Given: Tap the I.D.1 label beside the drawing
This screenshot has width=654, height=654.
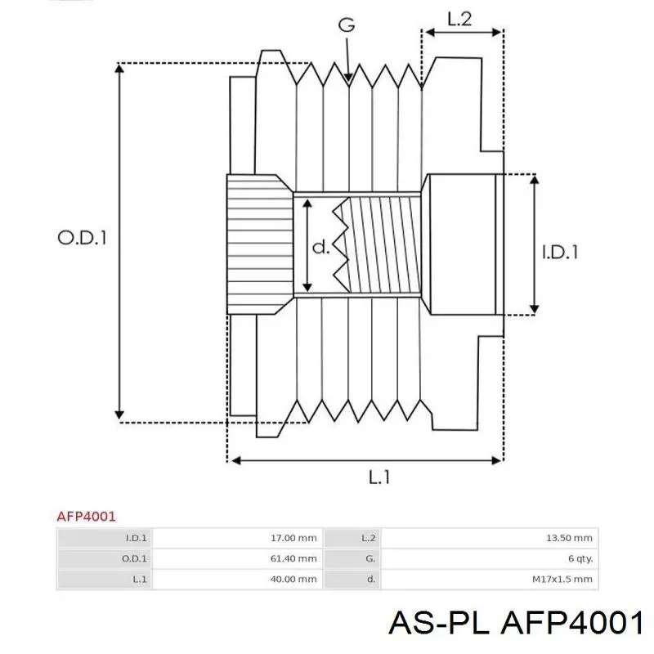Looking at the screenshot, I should (x=560, y=252).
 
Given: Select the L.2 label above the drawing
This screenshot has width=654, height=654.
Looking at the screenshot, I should (x=460, y=19).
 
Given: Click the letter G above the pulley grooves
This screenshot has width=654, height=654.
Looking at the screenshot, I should (x=347, y=25).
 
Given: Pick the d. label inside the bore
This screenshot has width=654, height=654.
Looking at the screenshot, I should (x=321, y=247).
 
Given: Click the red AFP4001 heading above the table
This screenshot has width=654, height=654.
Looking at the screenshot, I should (x=86, y=516).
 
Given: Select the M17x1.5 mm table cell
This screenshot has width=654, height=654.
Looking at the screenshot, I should (x=563, y=579).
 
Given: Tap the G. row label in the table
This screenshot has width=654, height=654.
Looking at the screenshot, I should (x=370, y=558).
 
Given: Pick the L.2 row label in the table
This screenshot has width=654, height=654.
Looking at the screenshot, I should (x=368, y=538).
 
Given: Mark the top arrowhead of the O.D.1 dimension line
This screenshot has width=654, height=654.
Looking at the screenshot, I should (x=120, y=69).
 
